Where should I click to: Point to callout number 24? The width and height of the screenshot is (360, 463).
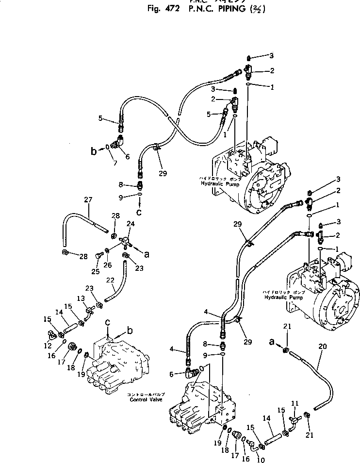point(131,224)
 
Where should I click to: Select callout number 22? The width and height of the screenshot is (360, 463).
point(111,281)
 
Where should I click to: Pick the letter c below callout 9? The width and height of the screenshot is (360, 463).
point(139,212)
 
